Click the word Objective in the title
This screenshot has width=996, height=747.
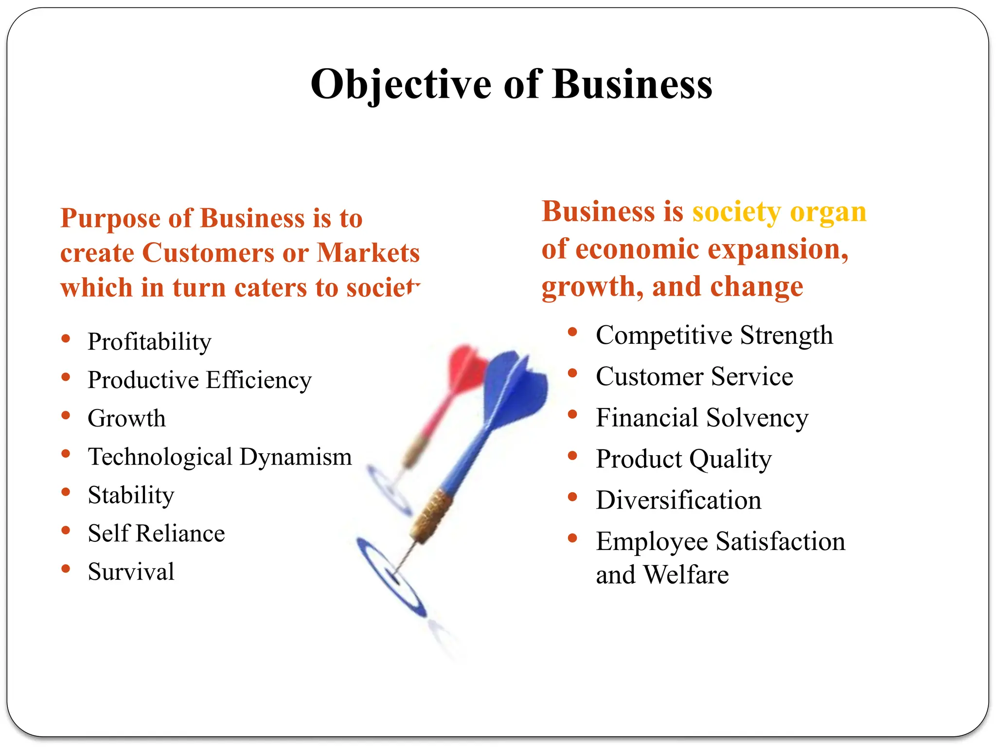click(x=401, y=85)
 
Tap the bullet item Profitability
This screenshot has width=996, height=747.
click(x=149, y=342)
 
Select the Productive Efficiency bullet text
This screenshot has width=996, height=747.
click(x=199, y=380)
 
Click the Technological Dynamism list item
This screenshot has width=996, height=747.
click(x=220, y=457)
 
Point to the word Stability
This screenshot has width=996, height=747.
click(x=131, y=496)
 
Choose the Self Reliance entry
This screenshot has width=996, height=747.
click(x=156, y=534)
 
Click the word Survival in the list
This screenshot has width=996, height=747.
click(x=131, y=572)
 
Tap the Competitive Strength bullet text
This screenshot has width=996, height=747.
click(x=714, y=336)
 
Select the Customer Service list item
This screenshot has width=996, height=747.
click(x=694, y=377)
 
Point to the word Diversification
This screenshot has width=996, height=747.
click(x=678, y=500)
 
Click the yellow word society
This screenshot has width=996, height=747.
click(x=736, y=212)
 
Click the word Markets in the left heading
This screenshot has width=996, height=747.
click(x=368, y=253)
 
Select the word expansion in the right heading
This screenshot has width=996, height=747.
click(x=778, y=250)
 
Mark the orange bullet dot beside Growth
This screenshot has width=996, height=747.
click(x=66, y=415)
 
